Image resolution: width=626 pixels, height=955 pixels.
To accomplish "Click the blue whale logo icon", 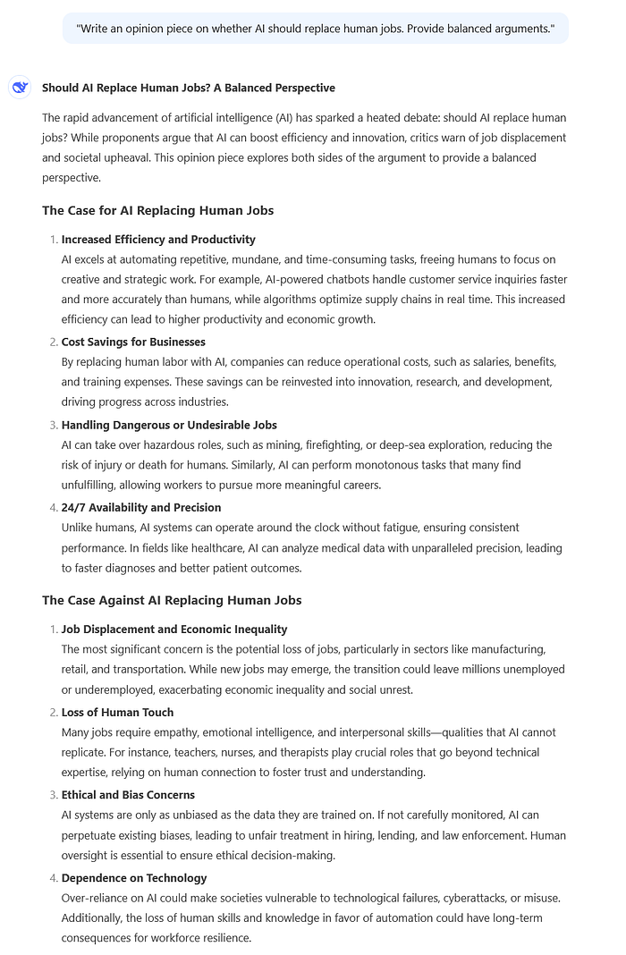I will pos(20,87).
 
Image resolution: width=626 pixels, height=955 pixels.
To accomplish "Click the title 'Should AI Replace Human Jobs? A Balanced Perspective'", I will pos(189,88).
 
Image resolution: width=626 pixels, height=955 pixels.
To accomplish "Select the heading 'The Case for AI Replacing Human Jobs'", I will pos(157,210).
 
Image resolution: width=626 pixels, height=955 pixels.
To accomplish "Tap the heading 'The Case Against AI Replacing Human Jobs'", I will pos(172,600).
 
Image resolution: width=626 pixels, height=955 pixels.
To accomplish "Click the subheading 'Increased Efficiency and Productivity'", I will pos(158,240).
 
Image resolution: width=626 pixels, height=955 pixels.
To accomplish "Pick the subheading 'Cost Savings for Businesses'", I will pos(133,342).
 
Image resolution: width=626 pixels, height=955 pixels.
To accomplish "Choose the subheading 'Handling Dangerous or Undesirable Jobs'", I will pos(169,425).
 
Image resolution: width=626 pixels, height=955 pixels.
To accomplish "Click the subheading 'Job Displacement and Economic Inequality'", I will pos(174,630).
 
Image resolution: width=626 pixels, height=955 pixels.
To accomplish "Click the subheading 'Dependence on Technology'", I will pos(134,877).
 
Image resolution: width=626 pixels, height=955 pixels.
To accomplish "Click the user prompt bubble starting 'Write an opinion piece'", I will pos(316,29).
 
